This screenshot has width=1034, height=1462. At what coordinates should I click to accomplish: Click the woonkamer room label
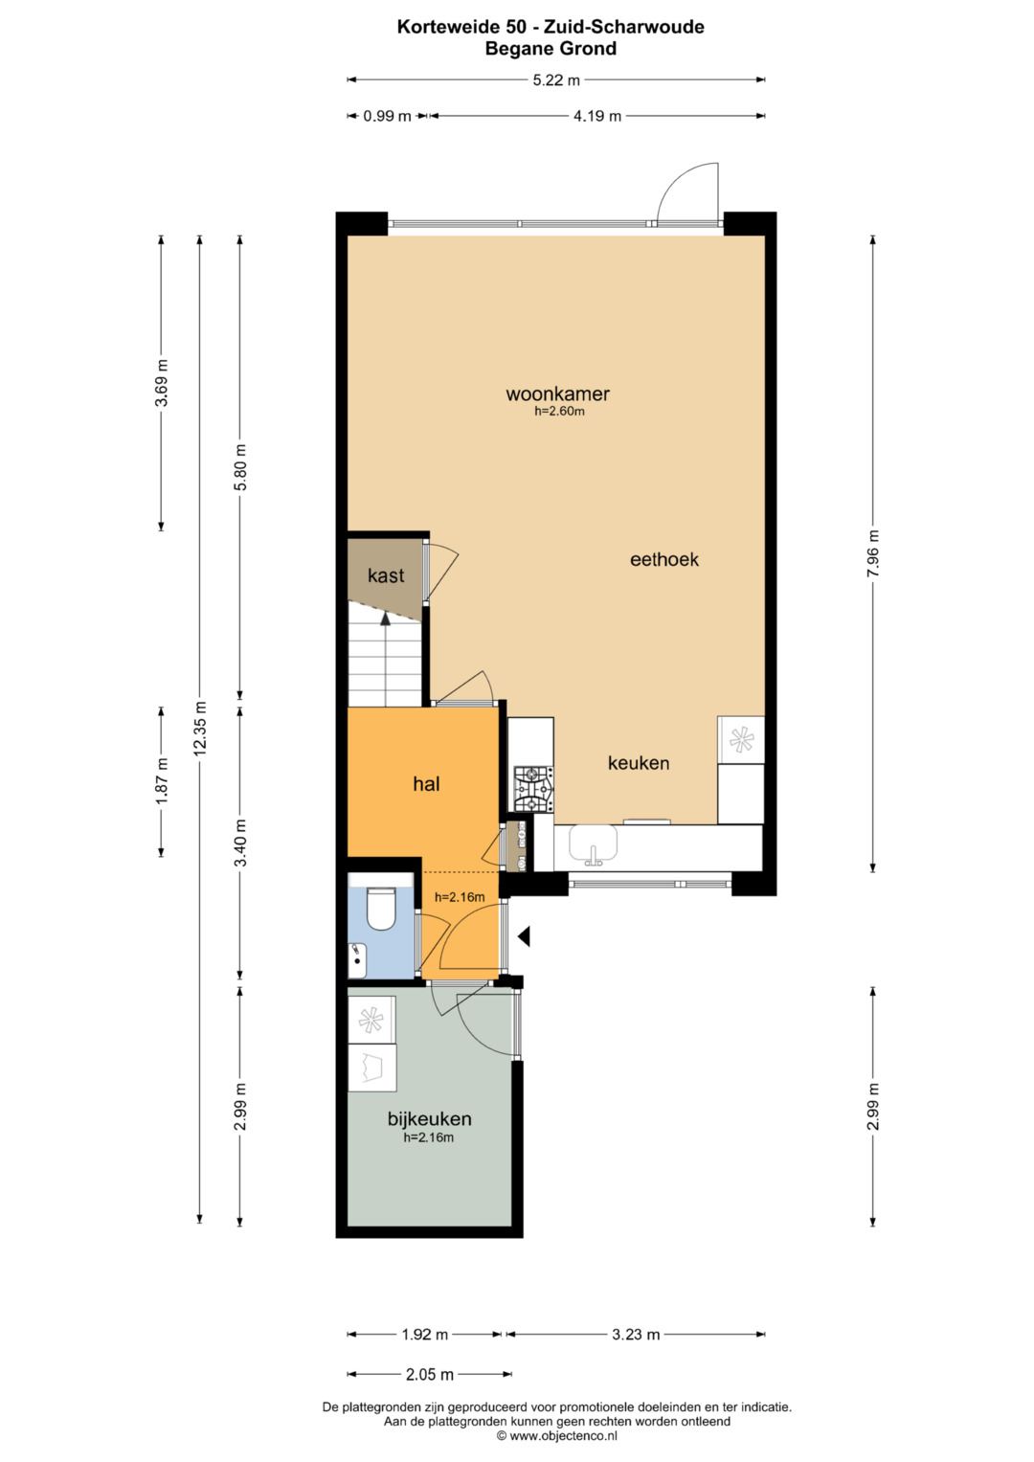(557, 394)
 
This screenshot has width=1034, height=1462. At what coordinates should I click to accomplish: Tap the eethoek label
(663, 559)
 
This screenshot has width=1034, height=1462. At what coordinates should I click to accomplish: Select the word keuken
(639, 763)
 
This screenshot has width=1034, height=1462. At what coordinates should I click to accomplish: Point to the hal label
(426, 784)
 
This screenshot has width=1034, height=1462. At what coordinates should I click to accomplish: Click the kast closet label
(386, 575)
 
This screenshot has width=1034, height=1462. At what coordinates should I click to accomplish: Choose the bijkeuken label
(430, 1118)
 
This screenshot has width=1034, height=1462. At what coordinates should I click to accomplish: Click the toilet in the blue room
(381, 908)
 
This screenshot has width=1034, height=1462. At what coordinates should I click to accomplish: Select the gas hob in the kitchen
(533, 788)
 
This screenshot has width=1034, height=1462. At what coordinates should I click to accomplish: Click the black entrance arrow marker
(524, 936)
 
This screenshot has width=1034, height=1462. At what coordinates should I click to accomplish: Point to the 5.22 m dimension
(556, 80)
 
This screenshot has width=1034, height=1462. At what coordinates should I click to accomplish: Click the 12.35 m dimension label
(200, 729)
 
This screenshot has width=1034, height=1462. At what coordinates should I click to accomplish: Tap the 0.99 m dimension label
(387, 116)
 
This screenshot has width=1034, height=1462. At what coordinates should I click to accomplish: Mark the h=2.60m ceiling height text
(559, 411)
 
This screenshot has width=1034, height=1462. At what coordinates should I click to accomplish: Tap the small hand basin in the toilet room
(356, 960)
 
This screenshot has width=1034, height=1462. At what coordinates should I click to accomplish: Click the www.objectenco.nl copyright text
(557, 1435)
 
